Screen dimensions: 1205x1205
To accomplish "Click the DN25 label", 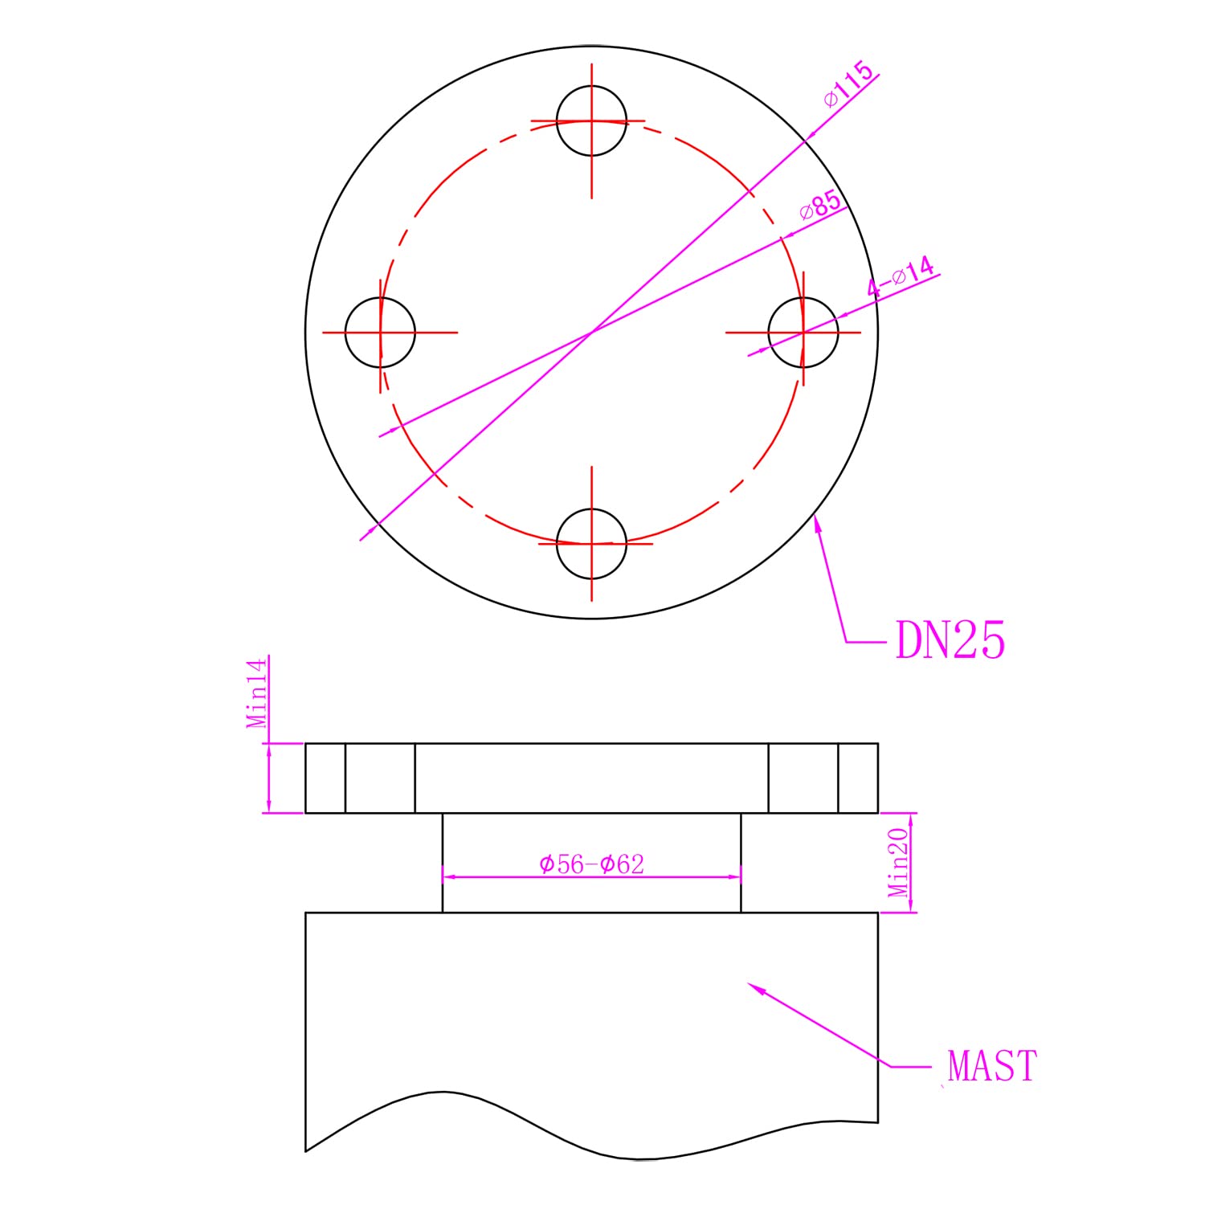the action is (x=950, y=641).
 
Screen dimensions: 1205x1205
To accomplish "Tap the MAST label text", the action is (x=992, y=1066).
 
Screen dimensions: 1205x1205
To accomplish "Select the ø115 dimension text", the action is (x=848, y=84).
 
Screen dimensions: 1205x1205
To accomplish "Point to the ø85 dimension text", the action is (x=821, y=206).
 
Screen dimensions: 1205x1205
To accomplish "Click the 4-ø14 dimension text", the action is (x=901, y=278).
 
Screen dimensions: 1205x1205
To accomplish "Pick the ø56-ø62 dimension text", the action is (x=591, y=864).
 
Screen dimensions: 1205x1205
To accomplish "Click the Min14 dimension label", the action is (x=257, y=692).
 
